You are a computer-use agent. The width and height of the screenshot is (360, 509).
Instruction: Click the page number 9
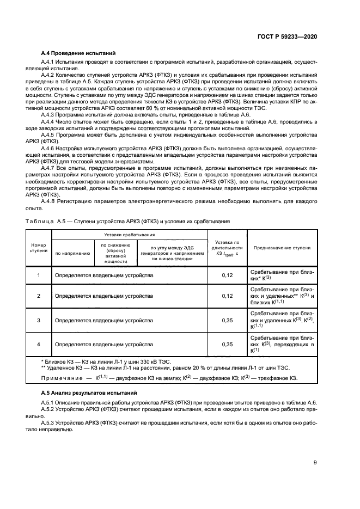pos(315,463)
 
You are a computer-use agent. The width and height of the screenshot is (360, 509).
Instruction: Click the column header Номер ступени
pos(38,248)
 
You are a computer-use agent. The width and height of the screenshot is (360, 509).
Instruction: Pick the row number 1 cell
pos(38,275)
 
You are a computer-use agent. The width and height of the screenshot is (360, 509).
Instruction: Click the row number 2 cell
pos(38,296)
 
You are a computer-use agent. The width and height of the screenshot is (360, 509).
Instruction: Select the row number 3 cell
pos(38,321)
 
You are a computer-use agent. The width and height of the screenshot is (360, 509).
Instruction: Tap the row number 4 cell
pos(38,344)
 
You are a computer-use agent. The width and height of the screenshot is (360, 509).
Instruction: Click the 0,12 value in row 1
pos(227,275)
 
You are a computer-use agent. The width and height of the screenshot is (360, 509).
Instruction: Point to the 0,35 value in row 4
pos(227,344)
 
